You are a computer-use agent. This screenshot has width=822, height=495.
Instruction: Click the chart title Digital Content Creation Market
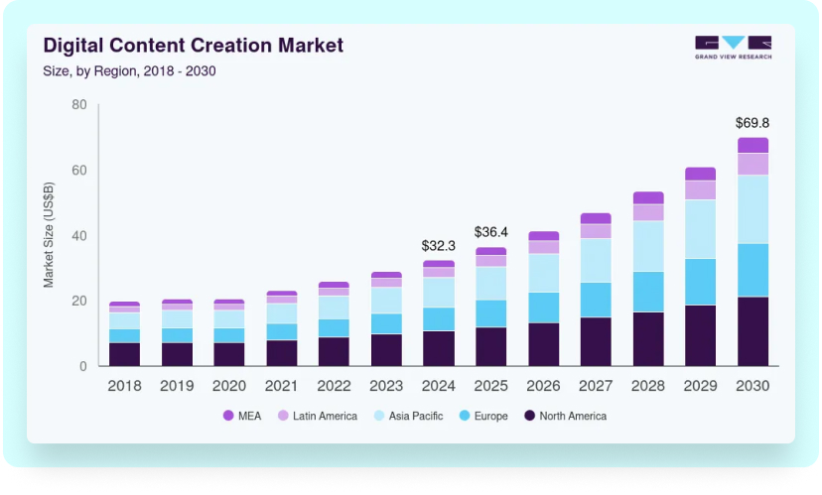193,46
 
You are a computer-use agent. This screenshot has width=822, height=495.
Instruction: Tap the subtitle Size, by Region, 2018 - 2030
129,70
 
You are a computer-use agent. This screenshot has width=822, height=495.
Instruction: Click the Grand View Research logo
733,47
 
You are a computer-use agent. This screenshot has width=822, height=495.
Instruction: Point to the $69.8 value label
753,123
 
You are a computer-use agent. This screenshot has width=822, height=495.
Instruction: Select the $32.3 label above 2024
439,245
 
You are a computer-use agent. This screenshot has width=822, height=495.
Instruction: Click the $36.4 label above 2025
490,232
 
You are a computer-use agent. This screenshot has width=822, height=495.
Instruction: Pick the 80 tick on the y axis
79,105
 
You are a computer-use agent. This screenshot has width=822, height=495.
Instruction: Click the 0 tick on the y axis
83,366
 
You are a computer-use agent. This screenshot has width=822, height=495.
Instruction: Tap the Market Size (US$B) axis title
49,235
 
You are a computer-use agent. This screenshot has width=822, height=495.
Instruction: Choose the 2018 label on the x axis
124,386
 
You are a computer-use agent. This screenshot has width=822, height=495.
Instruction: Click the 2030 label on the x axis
753,386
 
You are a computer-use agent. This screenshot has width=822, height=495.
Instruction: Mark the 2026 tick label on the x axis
543,386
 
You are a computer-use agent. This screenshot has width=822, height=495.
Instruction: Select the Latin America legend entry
317,416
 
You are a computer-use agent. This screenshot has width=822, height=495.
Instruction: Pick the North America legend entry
564,416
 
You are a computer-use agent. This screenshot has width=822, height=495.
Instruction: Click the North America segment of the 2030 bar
753,331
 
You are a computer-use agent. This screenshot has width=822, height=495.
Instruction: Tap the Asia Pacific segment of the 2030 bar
753,209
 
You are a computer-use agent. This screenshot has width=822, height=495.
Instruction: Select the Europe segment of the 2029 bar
700,282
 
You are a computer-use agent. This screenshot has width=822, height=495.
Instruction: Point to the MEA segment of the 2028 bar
648,197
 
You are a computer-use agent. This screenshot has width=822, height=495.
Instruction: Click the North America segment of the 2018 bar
124,354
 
